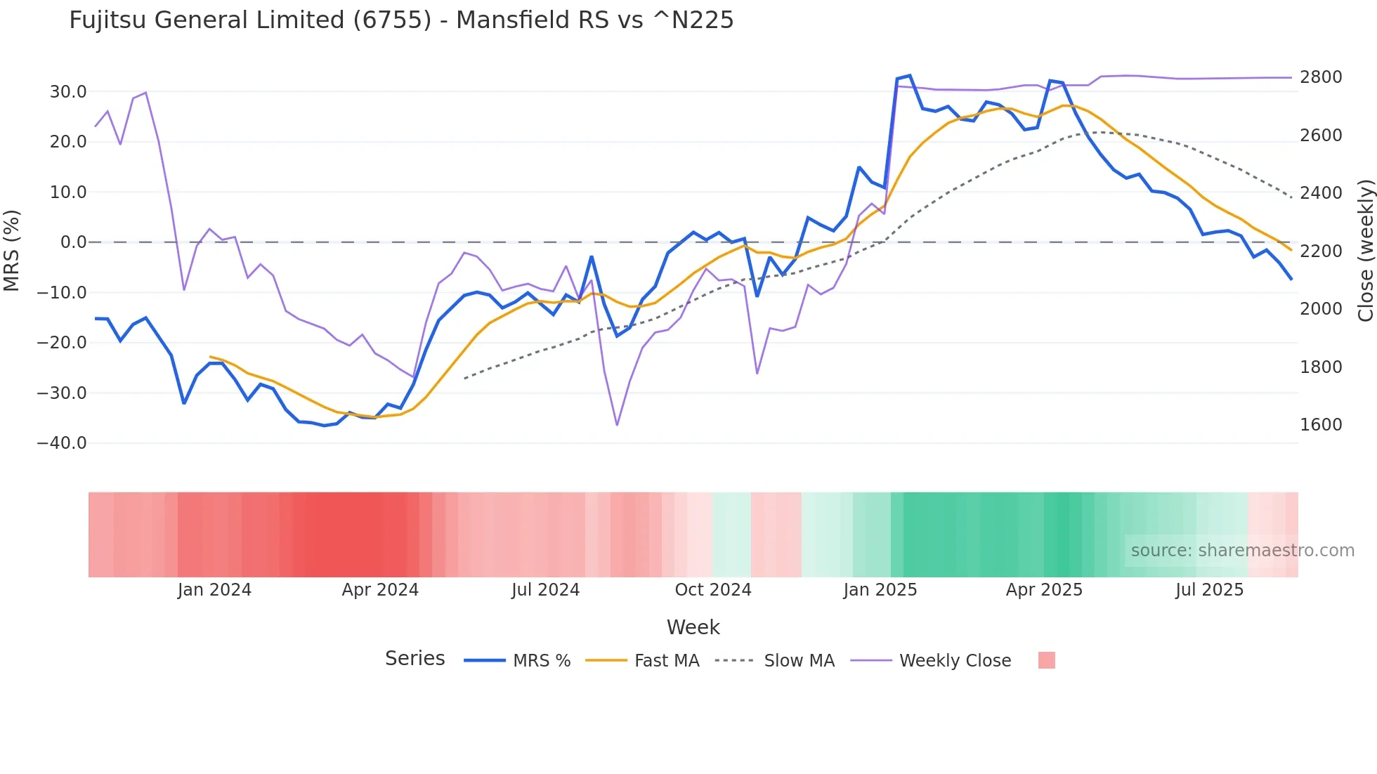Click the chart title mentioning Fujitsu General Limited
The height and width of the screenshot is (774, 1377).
(401, 20)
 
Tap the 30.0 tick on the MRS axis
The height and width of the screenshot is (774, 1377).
(68, 92)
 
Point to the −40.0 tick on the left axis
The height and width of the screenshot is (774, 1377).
(62, 443)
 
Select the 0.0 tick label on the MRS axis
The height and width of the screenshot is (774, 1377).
(73, 242)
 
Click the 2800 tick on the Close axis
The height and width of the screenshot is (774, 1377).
(1321, 77)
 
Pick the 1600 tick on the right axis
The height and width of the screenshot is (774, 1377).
(1321, 425)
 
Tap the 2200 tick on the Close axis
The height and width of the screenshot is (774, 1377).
(1321, 251)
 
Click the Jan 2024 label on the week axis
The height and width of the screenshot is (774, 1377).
(214, 590)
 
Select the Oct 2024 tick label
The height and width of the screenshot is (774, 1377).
(713, 590)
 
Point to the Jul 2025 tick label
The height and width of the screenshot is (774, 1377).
(1209, 590)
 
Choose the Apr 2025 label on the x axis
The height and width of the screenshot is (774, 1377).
(1044, 590)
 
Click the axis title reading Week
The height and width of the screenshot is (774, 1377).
(693, 627)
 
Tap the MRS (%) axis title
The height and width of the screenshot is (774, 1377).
(12, 250)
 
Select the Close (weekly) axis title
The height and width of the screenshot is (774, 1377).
(1365, 250)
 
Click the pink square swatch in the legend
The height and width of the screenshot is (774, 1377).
(1046, 660)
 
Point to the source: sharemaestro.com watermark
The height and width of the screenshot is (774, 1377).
(1242, 551)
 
